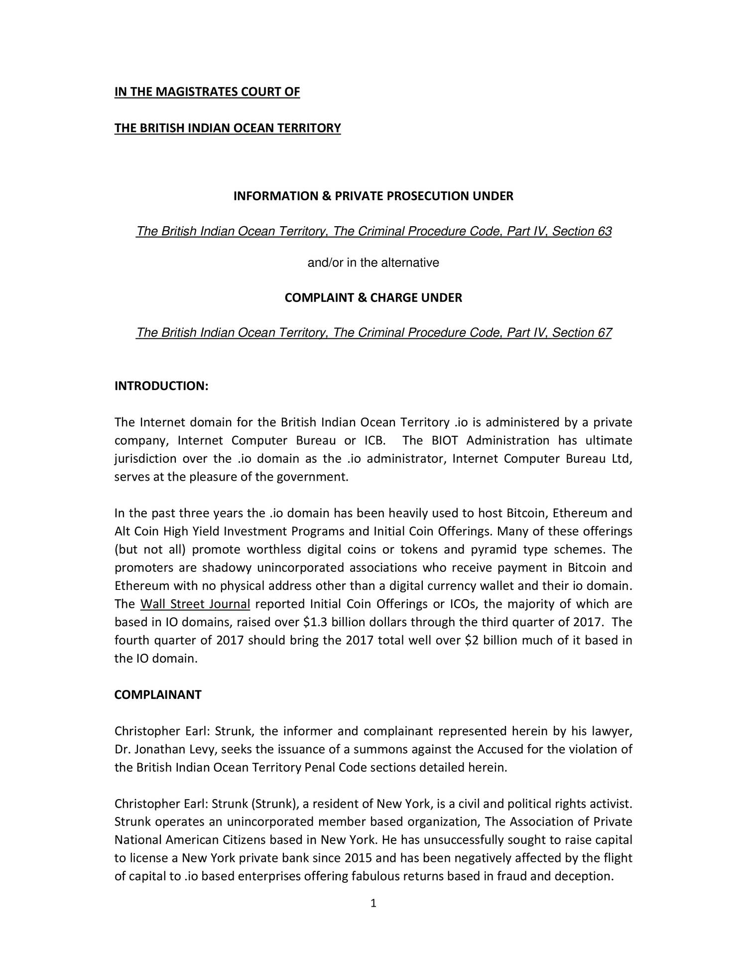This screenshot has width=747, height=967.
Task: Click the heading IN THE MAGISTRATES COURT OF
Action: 207,92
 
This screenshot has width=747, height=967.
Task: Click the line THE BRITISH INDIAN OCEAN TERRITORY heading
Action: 228,129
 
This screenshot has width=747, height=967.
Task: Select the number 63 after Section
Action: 605,232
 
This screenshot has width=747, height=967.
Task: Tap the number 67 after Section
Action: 605,333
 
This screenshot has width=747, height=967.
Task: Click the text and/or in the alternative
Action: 373,263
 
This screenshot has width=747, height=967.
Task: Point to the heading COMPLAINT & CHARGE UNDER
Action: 373,298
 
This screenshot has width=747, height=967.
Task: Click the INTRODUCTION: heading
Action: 161,386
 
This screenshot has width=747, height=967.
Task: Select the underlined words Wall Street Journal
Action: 195,604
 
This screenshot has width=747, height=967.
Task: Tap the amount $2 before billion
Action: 471,641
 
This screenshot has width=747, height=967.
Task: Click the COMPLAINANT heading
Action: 158,695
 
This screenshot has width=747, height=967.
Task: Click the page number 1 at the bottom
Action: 373,903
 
